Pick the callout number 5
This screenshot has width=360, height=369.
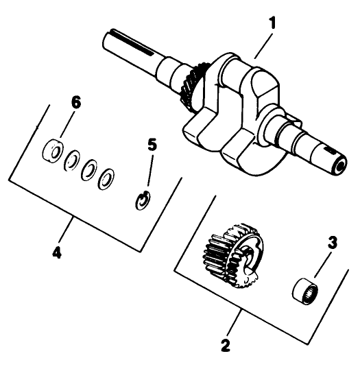pyautogui.click(x=152, y=145)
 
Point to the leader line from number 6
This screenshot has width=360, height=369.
pyautogui.click(x=67, y=124)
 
